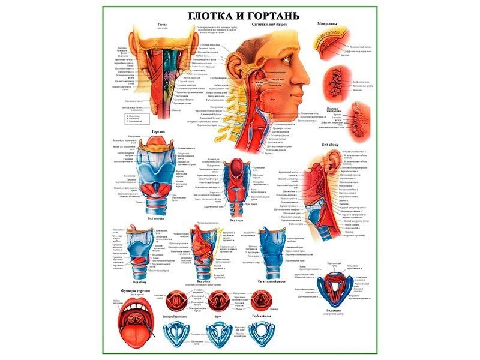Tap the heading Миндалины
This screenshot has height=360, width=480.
coord(327,24)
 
